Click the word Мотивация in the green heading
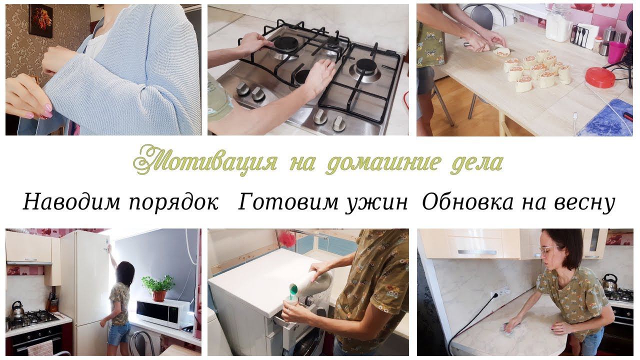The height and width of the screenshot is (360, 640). pos(205,160)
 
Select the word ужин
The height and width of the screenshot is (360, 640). pos(376,202)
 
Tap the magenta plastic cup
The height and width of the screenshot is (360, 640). pos(616,52)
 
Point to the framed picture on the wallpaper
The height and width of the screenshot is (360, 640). pos(41,21)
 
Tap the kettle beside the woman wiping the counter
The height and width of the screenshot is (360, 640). pos(609,282)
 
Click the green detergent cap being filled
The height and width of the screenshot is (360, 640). pos(293,291)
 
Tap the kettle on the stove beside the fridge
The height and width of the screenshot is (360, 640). pos(17,309)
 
